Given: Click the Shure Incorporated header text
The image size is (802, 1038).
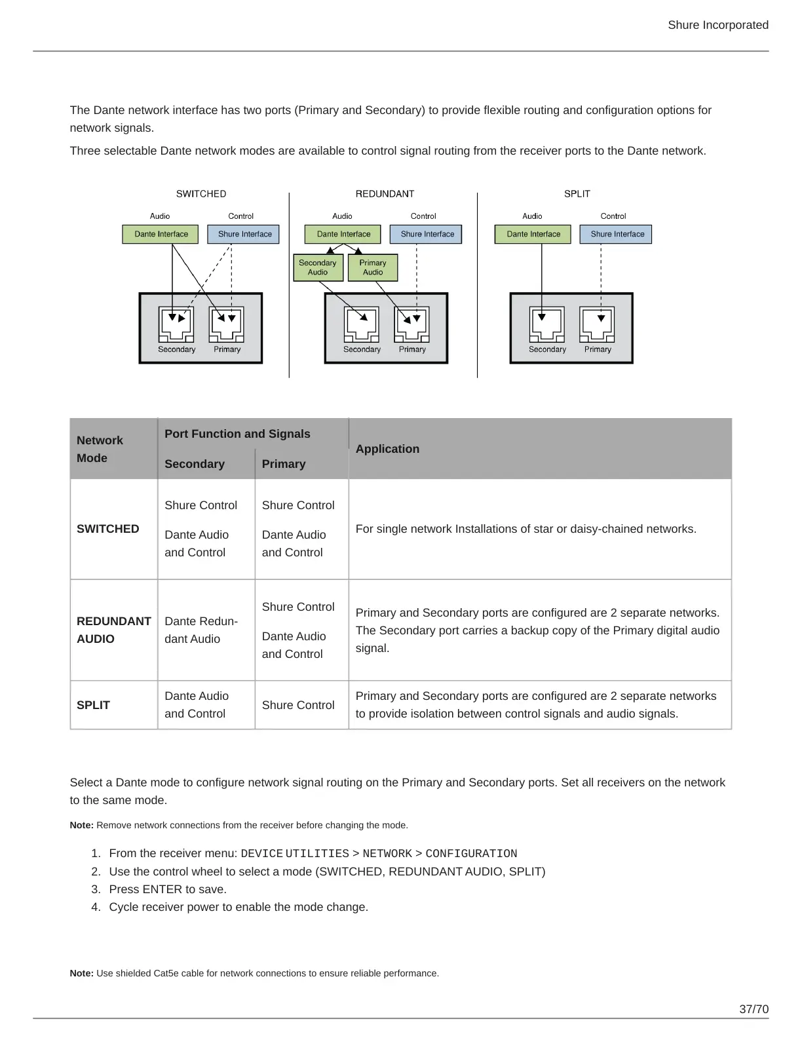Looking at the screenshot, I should pyautogui.click(x=717, y=25).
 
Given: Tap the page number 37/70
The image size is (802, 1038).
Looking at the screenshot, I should pyautogui.click(x=754, y=1009).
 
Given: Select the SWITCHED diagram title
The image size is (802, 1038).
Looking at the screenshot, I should pyautogui.click(x=201, y=194).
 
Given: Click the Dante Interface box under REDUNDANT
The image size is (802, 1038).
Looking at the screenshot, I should pyautogui.click(x=343, y=234).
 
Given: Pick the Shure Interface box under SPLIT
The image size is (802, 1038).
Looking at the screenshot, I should pyautogui.click(x=617, y=234).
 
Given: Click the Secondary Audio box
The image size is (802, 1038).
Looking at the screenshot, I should pyautogui.click(x=318, y=267).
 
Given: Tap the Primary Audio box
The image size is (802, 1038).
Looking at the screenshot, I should pyautogui.click(x=373, y=267).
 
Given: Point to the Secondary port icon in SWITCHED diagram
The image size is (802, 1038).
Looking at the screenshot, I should pyautogui.click(x=176, y=324).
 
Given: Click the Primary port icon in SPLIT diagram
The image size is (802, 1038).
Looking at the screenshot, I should pyautogui.click(x=597, y=324).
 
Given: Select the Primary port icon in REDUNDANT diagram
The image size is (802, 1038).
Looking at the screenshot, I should pyautogui.click(x=411, y=324).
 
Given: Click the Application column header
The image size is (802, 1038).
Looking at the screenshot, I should pyautogui.click(x=387, y=449).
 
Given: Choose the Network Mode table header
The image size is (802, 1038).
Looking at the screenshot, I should pyautogui.click(x=100, y=449).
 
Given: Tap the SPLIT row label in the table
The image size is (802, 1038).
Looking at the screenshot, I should pyautogui.click(x=93, y=705).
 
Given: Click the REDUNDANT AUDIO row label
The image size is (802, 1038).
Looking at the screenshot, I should pyautogui.click(x=113, y=630).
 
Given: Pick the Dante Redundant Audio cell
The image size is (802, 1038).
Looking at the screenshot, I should pyautogui.click(x=201, y=630).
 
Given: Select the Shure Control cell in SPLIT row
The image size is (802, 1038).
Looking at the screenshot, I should pyautogui.click(x=298, y=705).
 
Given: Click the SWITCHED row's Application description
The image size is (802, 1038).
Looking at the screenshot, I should pyautogui.click(x=525, y=529).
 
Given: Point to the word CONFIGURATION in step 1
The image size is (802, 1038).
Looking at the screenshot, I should pyautogui.click(x=471, y=854).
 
